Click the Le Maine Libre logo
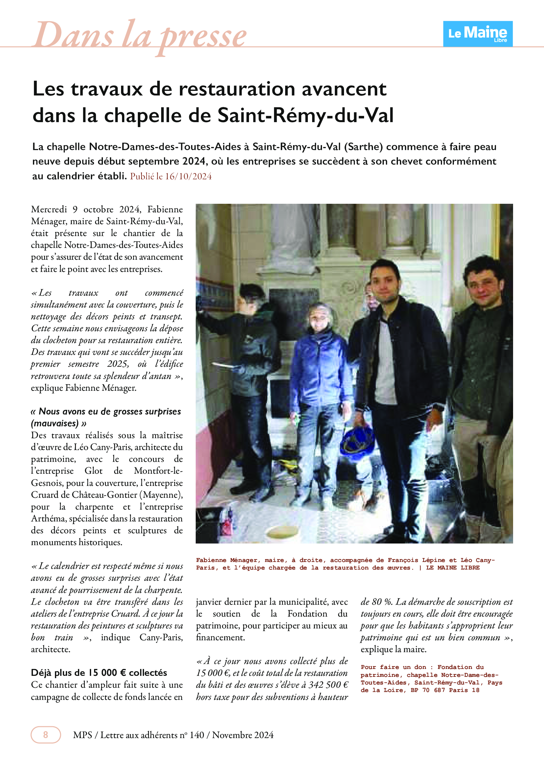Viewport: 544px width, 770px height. coord(478,34)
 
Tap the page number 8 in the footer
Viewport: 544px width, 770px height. coord(46,735)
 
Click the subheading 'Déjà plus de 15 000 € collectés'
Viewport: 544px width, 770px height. coord(99,673)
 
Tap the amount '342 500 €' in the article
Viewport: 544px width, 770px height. coord(328,684)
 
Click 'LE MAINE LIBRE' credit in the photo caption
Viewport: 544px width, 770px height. coord(453,568)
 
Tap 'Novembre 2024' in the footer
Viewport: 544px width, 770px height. coord(242,735)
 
